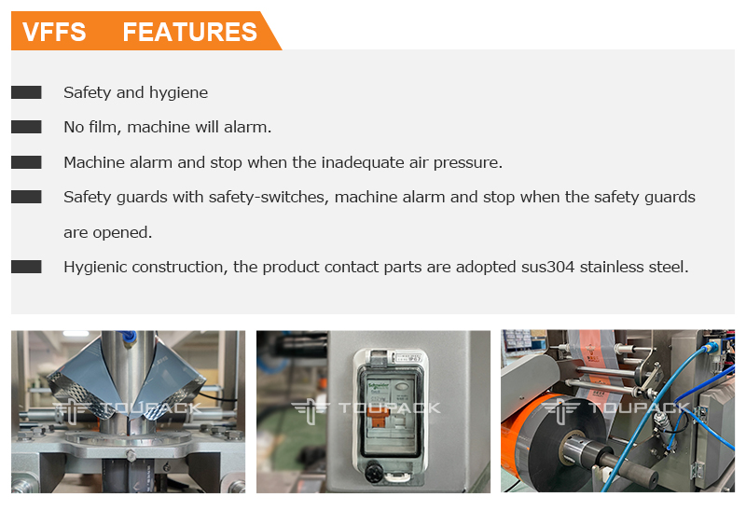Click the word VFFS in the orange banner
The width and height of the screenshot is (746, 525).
coord(54,33)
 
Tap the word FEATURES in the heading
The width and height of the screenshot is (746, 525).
coord(190,33)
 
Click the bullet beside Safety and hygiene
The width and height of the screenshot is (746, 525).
coord(26,92)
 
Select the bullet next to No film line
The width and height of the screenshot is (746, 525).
coord(26,127)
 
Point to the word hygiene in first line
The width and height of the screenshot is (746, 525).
coord(178,93)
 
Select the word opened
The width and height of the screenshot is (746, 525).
coord(122,233)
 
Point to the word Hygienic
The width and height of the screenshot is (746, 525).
coord(95,268)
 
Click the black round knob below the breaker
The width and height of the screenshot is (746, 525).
coord(375,473)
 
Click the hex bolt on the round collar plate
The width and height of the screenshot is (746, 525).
coord(131,456)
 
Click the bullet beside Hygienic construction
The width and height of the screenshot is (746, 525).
coord(26,267)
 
